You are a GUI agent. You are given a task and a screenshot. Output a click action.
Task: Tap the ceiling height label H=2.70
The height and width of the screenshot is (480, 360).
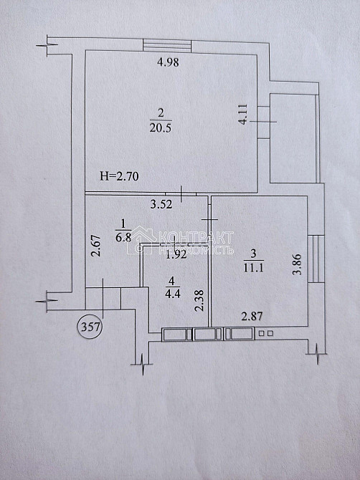118,175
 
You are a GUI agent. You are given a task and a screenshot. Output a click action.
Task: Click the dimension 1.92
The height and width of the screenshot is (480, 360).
176,254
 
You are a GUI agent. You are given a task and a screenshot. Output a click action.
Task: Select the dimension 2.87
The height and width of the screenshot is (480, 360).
252,316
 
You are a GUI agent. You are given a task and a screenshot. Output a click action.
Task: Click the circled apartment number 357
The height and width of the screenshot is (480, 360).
90,327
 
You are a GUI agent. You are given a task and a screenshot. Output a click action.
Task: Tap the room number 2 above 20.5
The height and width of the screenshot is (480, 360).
161,112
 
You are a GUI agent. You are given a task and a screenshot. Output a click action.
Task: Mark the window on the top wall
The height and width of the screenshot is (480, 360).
168,45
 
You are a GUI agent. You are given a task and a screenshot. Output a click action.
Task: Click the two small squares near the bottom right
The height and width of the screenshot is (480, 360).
265,333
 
